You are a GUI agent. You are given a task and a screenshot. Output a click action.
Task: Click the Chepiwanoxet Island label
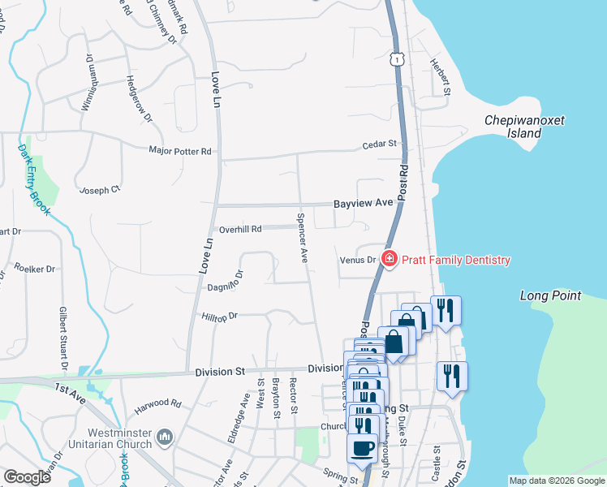pyautogui.click(x=524, y=127)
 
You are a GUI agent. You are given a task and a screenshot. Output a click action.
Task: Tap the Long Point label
pyautogui.click(x=552, y=295)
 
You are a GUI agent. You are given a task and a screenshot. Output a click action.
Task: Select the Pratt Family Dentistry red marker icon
pyautogui.click(x=389, y=260)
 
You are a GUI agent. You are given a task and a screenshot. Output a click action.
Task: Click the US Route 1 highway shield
pyautogui.click(x=396, y=58)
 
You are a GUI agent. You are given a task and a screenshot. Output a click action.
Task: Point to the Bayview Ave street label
pyautogui.click(x=364, y=203)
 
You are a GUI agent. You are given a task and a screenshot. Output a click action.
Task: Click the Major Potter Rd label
pyautogui.click(x=179, y=151)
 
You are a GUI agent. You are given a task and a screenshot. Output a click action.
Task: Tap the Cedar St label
pyautogui.click(x=379, y=144)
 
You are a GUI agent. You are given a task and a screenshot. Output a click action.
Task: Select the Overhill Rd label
pyautogui.click(x=240, y=229)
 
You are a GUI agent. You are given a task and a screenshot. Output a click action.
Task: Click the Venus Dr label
pyautogui.click(x=358, y=261)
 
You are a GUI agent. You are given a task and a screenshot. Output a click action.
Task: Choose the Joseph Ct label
pyautogui.click(x=99, y=190)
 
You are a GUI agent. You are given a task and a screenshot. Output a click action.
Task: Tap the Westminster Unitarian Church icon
pyautogui.click(x=166, y=437)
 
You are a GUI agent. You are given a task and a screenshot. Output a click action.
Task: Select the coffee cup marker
pyautogui.click(x=362, y=447)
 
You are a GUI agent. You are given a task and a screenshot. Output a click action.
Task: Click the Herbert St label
pyautogui.click(x=441, y=78)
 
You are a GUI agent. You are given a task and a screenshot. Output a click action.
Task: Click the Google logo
pyautogui.click(x=27, y=477)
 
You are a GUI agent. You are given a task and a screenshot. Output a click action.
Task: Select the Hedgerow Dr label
pyautogui.click(x=139, y=98)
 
